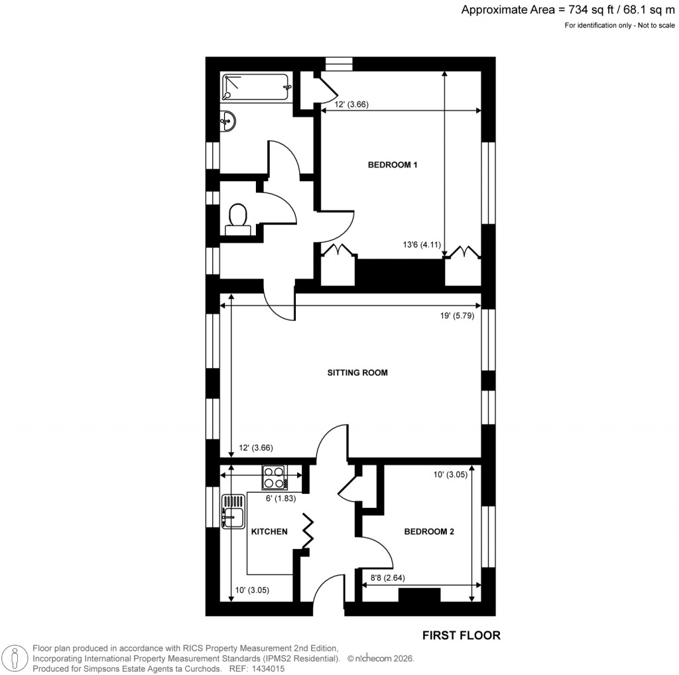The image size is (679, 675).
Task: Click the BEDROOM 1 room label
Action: [393, 165]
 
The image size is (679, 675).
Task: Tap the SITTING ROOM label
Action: [357, 373]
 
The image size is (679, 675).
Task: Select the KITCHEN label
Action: [269, 531]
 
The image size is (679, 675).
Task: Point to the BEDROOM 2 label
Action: [429, 531]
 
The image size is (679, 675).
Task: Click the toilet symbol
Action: [237, 218]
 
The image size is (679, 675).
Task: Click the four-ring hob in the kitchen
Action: [274, 476]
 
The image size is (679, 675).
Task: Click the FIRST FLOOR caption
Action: [462, 635]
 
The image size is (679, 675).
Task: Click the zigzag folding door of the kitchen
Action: [308, 530]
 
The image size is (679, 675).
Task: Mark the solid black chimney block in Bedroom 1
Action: [400, 272]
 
